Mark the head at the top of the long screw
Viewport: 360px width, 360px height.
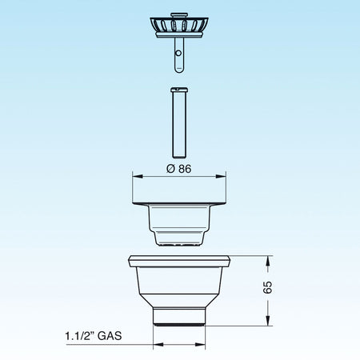point(179,90)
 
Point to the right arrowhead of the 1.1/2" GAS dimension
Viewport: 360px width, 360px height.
point(205,345)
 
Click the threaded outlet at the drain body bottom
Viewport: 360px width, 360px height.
point(180,318)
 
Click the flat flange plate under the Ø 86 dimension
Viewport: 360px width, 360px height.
point(180,196)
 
